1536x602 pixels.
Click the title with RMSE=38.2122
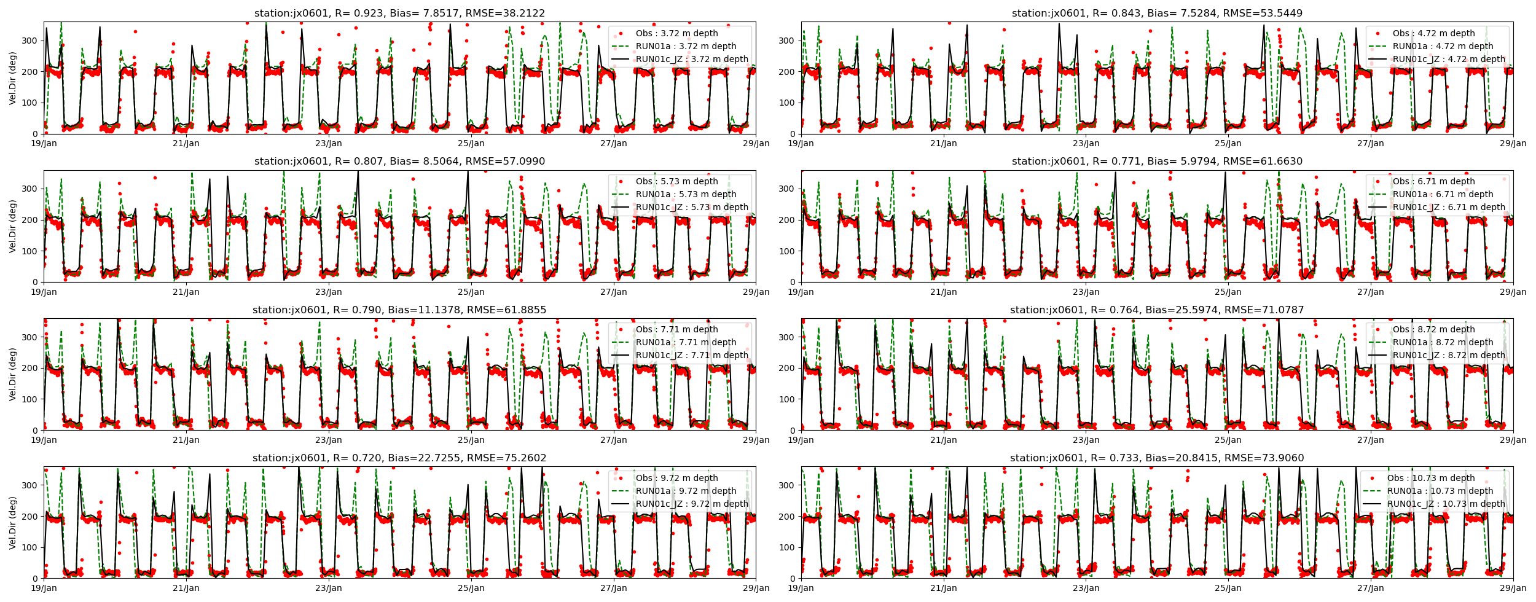pyautogui.click(x=399, y=13)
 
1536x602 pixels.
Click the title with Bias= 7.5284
pyautogui.click(x=1157, y=13)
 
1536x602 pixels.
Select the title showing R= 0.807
pyautogui.click(x=399, y=161)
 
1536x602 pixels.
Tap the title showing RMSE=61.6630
pyautogui.click(x=1157, y=161)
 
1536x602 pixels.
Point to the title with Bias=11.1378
pyautogui.click(x=399, y=310)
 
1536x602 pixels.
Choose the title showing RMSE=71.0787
pyautogui.click(x=1157, y=310)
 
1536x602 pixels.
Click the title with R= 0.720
pyautogui.click(x=399, y=458)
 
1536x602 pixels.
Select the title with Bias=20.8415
pyautogui.click(x=1157, y=458)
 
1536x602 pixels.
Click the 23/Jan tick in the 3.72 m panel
pyautogui.click(x=329, y=143)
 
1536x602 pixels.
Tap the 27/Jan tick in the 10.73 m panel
pyautogui.click(x=1371, y=588)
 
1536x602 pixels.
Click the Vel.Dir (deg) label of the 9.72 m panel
pyautogui.click(x=12, y=522)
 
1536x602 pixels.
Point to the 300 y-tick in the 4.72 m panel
pyautogui.click(x=787, y=41)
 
